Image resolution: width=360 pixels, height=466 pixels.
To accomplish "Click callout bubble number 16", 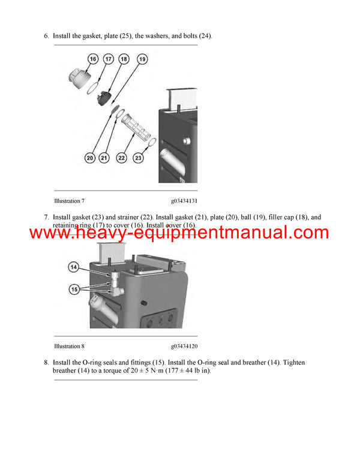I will coord(93,59).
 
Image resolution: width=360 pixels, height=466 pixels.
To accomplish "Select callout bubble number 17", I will coord(108,59).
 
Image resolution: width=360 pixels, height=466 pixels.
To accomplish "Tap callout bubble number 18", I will coord(124,59).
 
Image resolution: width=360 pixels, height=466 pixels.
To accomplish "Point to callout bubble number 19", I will coord(142,59).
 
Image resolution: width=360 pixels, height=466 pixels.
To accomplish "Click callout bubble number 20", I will coord(90,158).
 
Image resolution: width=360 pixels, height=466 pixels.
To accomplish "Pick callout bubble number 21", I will coord(104,158).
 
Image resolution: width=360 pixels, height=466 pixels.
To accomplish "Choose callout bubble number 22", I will coord(121,158).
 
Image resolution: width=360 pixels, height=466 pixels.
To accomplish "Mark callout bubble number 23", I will coord(139,158).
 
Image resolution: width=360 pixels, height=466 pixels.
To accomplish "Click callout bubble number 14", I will coord(74,266).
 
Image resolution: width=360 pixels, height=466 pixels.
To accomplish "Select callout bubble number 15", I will coord(74,289).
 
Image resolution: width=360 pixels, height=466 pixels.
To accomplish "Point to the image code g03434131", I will coord(184,201).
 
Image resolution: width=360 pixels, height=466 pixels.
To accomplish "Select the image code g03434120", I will coord(184,346).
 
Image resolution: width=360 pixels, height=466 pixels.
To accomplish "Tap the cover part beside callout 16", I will coord(80,77).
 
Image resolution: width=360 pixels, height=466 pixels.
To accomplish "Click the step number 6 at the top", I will coord(46,36).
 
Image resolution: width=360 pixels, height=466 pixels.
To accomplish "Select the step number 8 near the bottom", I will coord(46,362).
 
